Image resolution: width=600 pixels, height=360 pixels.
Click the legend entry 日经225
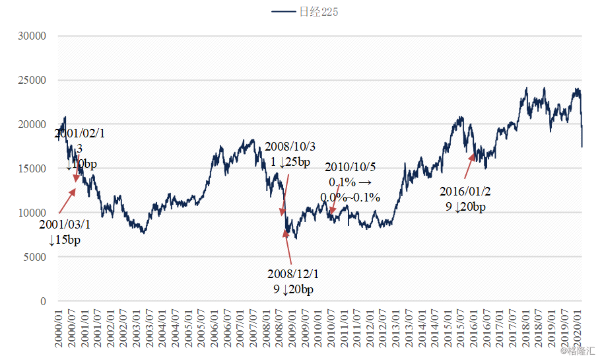coord(306,12)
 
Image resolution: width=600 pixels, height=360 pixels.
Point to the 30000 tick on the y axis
coord(31,36)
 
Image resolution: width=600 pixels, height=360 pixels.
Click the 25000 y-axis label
coord(31,81)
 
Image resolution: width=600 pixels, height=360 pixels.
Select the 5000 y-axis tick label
coord(34,257)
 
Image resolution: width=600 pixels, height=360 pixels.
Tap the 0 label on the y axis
coord(42,301)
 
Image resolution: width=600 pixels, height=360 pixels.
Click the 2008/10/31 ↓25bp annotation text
coord(287,155)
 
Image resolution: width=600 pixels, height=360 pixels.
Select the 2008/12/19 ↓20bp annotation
coord(293,281)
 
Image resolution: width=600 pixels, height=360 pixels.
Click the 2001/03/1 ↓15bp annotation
coord(64,232)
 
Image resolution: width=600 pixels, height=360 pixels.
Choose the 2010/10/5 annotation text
coord(350,181)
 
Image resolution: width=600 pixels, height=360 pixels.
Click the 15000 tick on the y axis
coord(31,168)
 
